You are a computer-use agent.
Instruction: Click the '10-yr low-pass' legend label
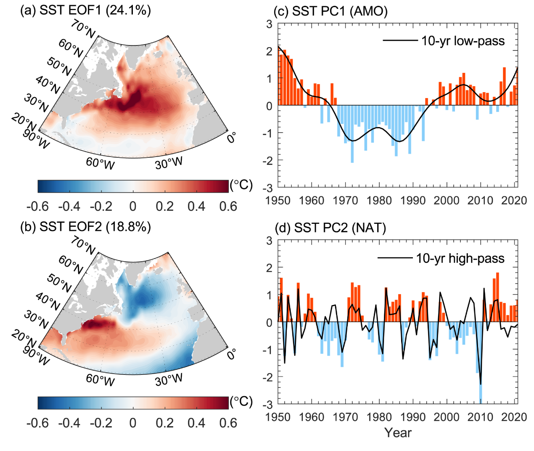point(463,41)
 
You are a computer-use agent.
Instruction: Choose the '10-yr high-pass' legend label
point(460,258)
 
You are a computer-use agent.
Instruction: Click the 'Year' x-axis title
point(398,433)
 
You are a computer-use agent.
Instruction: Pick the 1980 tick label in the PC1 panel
point(379,200)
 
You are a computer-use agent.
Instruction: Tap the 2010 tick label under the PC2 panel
point(480,417)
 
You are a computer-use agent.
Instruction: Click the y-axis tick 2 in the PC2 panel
point(270,268)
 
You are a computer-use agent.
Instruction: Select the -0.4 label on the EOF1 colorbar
point(69,207)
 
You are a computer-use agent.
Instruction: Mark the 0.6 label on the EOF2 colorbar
point(228,423)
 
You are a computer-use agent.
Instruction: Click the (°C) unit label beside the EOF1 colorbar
point(241,185)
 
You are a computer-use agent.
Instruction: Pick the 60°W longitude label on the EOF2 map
point(100,379)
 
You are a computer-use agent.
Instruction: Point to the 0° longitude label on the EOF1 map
point(231,137)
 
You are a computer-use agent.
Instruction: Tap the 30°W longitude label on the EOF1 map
point(169,163)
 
